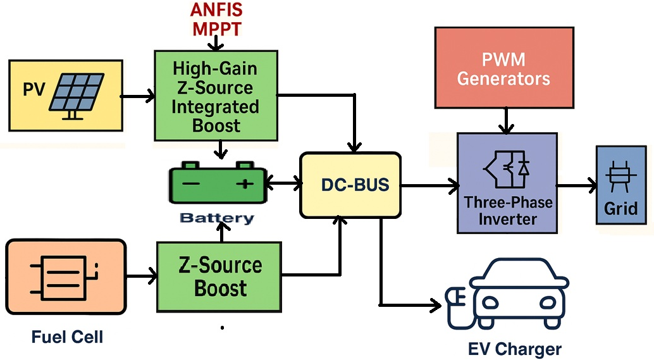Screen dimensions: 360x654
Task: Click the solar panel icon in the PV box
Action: tap(77, 95)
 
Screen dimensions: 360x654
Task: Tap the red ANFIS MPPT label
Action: tap(216, 20)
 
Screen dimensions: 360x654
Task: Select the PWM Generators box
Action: tap(503, 68)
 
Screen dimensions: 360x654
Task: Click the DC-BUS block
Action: tap(350, 185)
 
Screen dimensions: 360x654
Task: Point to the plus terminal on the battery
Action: tap(244, 184)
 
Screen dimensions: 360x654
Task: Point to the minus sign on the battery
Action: tap(192, 184)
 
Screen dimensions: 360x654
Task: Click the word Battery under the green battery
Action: tap(217, 218)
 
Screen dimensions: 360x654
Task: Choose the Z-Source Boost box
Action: tap(219, 276)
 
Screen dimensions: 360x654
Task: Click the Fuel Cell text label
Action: tap(67, 337)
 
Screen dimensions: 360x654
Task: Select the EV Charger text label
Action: tap(514, 349)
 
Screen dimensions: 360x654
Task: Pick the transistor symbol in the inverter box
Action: tap(506, 166)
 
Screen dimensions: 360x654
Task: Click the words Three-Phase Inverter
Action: tap(508, 211)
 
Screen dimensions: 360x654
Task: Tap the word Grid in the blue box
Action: tap(620, 208)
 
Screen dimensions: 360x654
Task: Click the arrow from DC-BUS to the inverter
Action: tap(430, 186)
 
